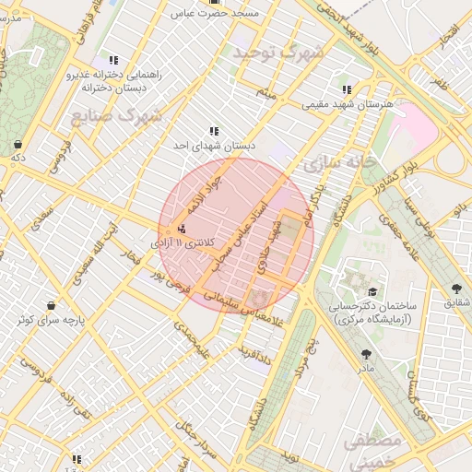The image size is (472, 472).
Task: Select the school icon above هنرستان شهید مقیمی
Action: tap(347, 89)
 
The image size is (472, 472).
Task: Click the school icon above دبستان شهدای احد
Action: tap(214, 132)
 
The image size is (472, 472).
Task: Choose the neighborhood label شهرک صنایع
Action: tap(115, 116)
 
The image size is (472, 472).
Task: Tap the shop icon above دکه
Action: tap(18, 144)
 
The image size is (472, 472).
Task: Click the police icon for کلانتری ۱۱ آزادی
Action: tap(181, 228)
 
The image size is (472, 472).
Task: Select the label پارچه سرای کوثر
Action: tap(48, 320)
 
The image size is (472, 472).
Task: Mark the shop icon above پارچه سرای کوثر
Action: tap(48, 306)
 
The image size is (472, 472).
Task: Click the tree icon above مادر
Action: tap(367, 353)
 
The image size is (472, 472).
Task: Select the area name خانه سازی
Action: tap(339, 163)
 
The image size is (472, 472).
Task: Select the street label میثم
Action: tap(267, 94)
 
